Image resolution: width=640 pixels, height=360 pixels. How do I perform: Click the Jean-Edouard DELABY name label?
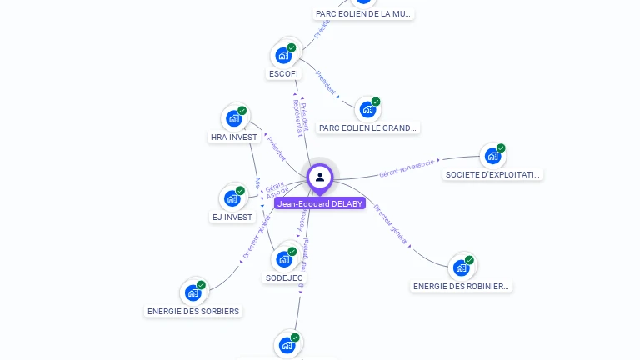[x=320, y=203]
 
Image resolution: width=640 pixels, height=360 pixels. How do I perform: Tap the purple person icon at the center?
[x=320, y=177]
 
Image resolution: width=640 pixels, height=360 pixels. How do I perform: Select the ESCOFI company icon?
[x=283, y=56]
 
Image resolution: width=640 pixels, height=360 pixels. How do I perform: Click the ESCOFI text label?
[x=283, y=74]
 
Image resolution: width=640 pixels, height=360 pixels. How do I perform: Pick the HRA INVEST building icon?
[x=234, y=118]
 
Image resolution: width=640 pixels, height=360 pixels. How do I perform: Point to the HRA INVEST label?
[x=234, y=137]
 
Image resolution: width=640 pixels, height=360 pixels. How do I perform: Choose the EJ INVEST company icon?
[x=232, y=198]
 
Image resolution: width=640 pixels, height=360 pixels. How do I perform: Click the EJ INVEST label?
[x=232, y=217]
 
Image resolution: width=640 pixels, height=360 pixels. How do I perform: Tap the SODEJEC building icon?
[x=284, y=259]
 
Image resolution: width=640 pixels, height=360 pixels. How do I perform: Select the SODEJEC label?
[x=284, y=277]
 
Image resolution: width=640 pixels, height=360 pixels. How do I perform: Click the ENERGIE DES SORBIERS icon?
[x=193, y=292]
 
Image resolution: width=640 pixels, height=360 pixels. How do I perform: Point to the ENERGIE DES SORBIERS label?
[x=193, y=312]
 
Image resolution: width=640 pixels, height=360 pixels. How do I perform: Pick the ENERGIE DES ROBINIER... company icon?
[x=462, y=267]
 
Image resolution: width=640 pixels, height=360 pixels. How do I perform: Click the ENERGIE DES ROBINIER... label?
[x=462, y=286]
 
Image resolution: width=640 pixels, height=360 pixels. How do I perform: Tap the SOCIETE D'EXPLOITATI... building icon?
[x=493, y=156]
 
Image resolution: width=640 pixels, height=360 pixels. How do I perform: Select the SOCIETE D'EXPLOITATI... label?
[x=493, y=175]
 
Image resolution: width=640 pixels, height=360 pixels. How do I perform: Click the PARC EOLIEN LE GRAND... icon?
[x=367, y=109]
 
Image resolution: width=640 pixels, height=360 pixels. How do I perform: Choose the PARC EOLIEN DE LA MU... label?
[x=364, y=13]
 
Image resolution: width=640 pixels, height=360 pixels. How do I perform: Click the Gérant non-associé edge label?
[x=407, y=169]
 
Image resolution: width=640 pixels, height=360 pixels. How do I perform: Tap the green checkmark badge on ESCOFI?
[x=292, y=47]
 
